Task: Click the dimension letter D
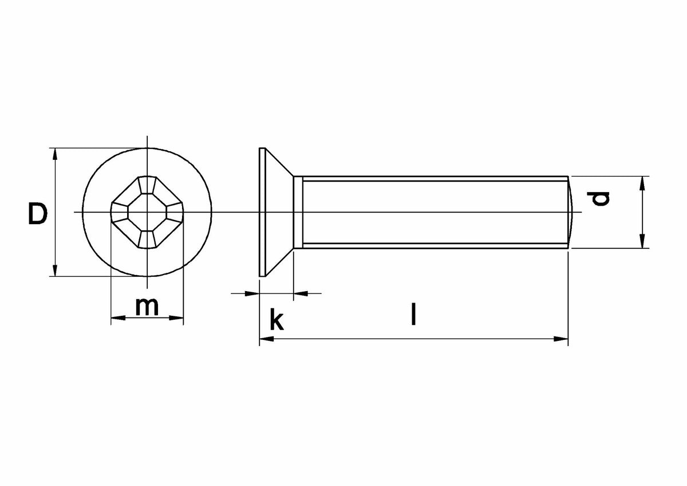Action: coord(38,213)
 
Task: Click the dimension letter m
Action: coord(147,307)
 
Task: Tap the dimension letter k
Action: coord(277,319)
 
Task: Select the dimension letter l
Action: coord(413,314)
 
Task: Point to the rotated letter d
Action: coord(598,199)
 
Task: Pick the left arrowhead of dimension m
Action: coord(118,318)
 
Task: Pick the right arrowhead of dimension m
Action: coord(176,318)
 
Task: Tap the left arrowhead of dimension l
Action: coord(267,339)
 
